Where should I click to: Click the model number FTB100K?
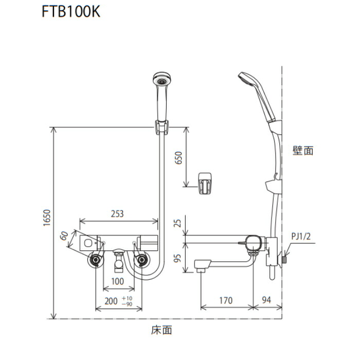point(71,12)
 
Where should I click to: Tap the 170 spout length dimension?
point(225,300)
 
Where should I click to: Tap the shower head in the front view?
point(161,82)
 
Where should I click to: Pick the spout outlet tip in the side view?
point(201,268)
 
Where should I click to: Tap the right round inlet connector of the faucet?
point(140,261)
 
